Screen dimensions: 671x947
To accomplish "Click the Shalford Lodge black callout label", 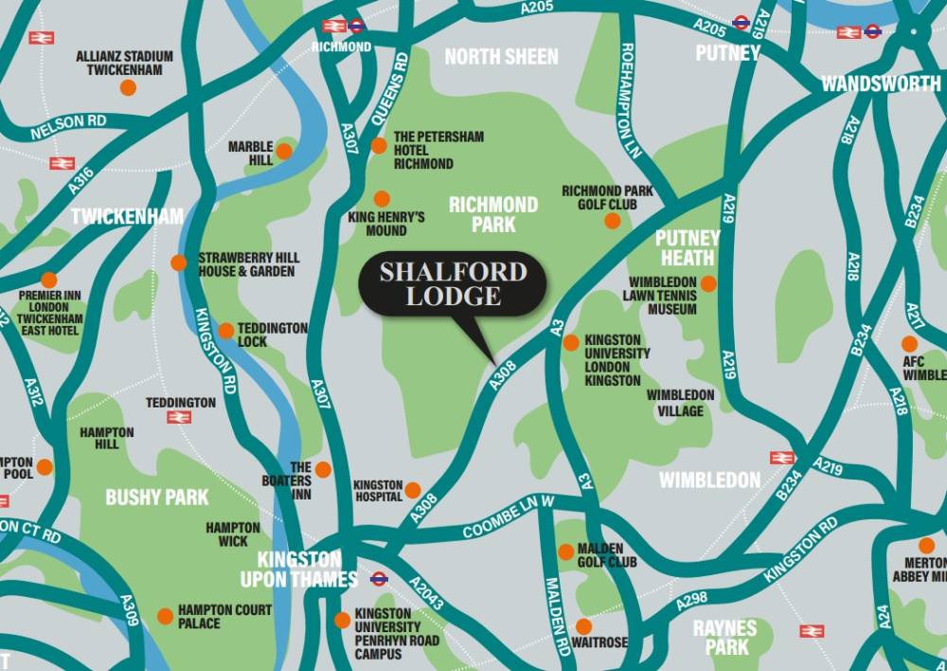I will tap(453, 283).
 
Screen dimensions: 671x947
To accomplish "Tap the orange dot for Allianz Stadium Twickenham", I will tap(128, 87).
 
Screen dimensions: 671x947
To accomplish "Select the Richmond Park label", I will tap(493, 214).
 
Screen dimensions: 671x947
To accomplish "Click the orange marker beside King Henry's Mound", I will tap(382, 199).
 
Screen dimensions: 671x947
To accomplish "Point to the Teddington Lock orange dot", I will tap(226, 331).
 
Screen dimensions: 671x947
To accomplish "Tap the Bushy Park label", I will tap(156, 497).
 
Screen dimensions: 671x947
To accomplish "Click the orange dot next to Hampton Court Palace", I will tap(165, 616).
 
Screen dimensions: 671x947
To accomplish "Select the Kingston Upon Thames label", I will tap(298, 569).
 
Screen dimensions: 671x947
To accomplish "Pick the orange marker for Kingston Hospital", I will tap(413, 490).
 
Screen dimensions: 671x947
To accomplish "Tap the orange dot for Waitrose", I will tap(583, 626).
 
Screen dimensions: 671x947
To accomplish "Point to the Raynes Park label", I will tap(725, 638).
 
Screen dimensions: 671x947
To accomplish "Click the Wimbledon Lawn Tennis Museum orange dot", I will tap(708, 283).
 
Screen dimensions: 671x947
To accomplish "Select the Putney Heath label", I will tap(688, 248).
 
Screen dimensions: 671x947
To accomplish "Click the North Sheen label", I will tap(502, 57).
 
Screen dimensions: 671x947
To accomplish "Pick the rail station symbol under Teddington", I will tap(179, 417).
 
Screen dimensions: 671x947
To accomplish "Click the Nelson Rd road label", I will tap(68, 128).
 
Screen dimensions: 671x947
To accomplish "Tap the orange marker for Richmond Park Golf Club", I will tap(613, 221).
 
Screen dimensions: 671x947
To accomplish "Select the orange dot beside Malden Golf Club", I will tap(565, 552).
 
